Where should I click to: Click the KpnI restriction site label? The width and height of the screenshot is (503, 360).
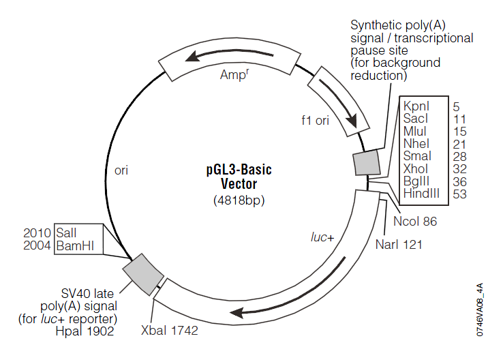[x=416, y=106]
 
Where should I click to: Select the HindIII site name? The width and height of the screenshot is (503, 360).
[x=421, y=194]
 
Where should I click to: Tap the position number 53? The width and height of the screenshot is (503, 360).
[x=459, y=194]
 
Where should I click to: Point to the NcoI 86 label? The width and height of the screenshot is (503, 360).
[x=415, y=222]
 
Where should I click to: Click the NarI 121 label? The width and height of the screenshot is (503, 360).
[x=399, y=245]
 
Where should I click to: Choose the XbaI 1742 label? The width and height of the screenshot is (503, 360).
[x=170, y=331]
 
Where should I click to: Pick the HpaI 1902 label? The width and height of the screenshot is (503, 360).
[x=85, y=331]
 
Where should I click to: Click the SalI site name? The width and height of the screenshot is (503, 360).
[x=66, y=233]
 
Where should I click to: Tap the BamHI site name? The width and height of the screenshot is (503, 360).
[x=75, y=245]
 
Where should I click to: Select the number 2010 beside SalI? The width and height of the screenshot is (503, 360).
[x=37, y=233]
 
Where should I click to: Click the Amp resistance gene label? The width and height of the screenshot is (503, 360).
[x=234, y=74]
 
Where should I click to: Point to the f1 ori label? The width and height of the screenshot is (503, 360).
[x=316, y=121]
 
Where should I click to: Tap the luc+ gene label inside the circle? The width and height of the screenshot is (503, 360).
[x=322, y=237]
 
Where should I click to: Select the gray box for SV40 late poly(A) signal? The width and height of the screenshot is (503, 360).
[x=143, y=275]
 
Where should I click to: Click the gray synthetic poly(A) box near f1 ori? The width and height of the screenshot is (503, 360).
[x=367, y=162]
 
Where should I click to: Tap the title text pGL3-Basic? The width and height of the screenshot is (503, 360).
[x=239, y=169]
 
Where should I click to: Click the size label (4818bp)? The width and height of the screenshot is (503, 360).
[x=239, y=200]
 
